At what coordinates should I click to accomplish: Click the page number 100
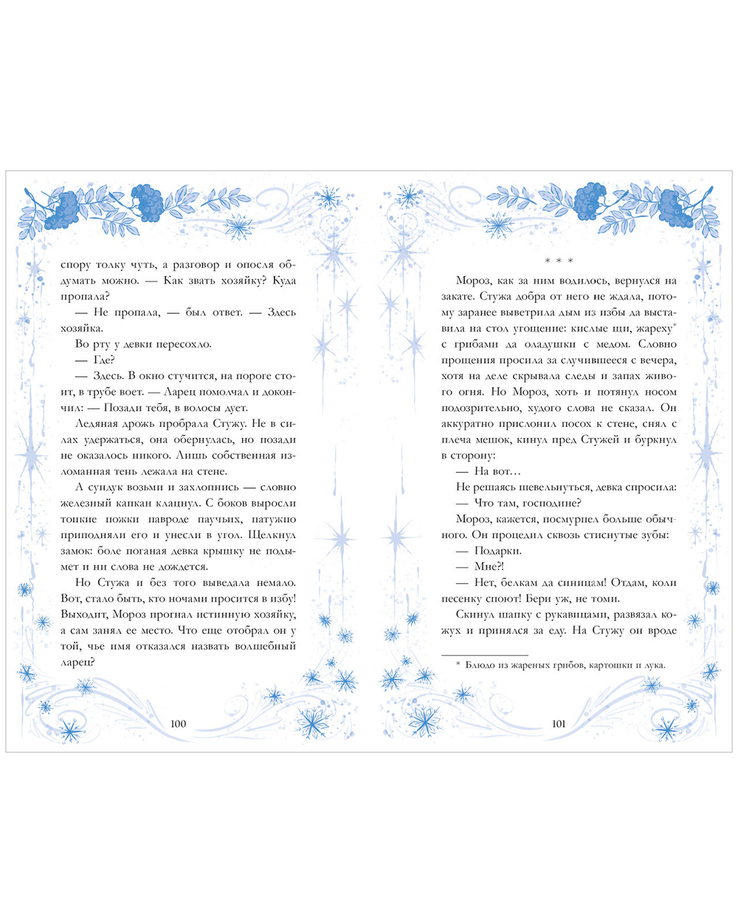pos(178,724)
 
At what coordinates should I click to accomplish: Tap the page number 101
pos(559,724)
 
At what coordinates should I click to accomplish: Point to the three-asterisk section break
pos(559,261)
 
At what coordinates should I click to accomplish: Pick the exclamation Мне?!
pos(489,566)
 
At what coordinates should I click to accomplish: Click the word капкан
pos(151,503)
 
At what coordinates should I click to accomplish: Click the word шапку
pos(523,614)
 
